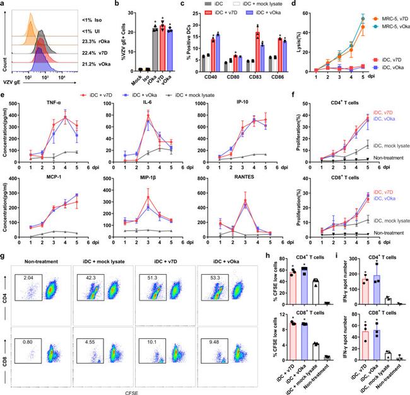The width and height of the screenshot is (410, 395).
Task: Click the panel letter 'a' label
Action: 4,4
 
